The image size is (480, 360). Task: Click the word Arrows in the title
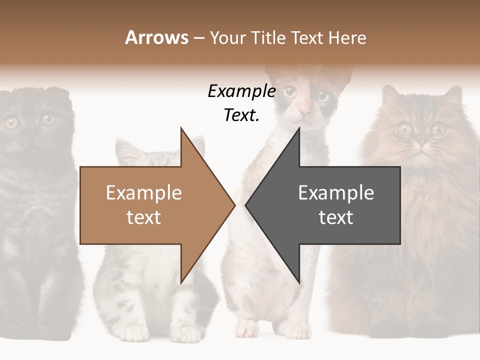point(156,37)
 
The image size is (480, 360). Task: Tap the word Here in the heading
point(347,37)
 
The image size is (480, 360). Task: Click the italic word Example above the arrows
point(241,91)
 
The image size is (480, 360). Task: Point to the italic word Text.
point(241,115)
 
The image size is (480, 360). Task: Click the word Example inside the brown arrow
point(143,192)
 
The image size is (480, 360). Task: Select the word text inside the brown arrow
point(143,217)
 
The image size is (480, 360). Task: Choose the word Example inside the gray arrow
point(336,192)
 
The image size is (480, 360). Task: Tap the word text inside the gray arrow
point(336,217)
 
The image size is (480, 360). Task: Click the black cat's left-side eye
point(11,122)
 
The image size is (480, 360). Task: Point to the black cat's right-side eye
point(48,120)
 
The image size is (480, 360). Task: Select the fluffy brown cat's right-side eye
point(438,129)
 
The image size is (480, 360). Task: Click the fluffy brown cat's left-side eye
point(404,129)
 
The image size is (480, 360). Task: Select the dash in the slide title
point(198,38)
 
